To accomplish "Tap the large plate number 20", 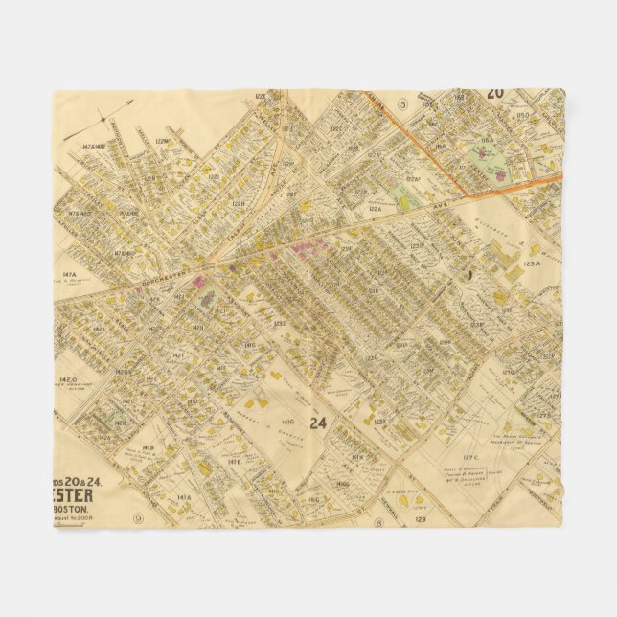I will [x=494, y=94].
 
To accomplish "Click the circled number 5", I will [x=403, y=103].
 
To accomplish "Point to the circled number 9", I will [x=139, y=518].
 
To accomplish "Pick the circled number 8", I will [x=379, y=522].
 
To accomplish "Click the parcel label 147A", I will [x=69, y=274].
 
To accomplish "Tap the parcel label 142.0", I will [x=66, y=379].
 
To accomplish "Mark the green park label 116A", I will [x=487, y=141].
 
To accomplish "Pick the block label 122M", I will [x=161, y=141].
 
